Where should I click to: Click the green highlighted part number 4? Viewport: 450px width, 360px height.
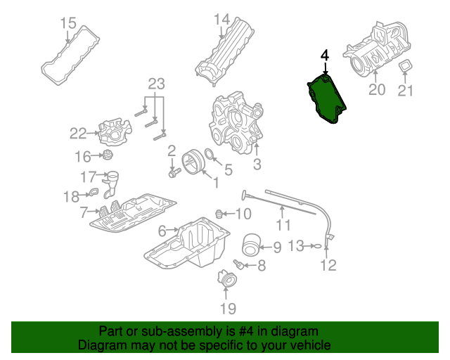pos(325,99)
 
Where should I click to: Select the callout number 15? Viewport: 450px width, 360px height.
pos(67,23)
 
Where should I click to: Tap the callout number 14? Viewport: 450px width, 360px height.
pos(222,19)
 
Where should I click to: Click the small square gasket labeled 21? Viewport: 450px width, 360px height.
pos(406,67)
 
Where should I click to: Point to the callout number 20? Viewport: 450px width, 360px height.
pos(377,89)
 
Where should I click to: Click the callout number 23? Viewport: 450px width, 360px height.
pos(156,84)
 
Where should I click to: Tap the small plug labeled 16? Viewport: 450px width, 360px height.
pos(108,155)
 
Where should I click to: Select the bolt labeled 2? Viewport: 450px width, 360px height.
pos(173,171)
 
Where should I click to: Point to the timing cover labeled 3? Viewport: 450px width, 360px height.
pos(236,127)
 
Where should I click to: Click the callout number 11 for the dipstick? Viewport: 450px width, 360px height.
pos(283,225)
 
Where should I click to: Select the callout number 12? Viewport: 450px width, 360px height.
pos(328,265)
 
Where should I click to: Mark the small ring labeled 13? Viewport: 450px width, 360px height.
pos(317,245)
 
